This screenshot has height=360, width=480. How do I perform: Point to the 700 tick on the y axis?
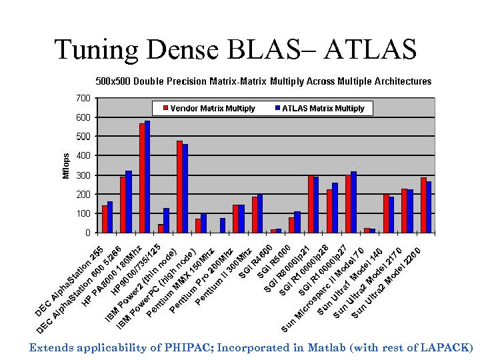tap(83, 98)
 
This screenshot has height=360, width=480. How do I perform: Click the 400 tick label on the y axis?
tap(83, 156)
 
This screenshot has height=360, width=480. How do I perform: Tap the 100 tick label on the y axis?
tap(83, 214)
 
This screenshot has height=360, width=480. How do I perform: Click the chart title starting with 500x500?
tap(263, 81)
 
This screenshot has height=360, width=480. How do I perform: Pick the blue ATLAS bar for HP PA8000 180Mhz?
tap(147, 177)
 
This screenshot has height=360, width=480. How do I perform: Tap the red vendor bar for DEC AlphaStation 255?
tap(105, 219)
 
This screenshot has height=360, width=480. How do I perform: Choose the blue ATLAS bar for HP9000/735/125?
tap(166, 220)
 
